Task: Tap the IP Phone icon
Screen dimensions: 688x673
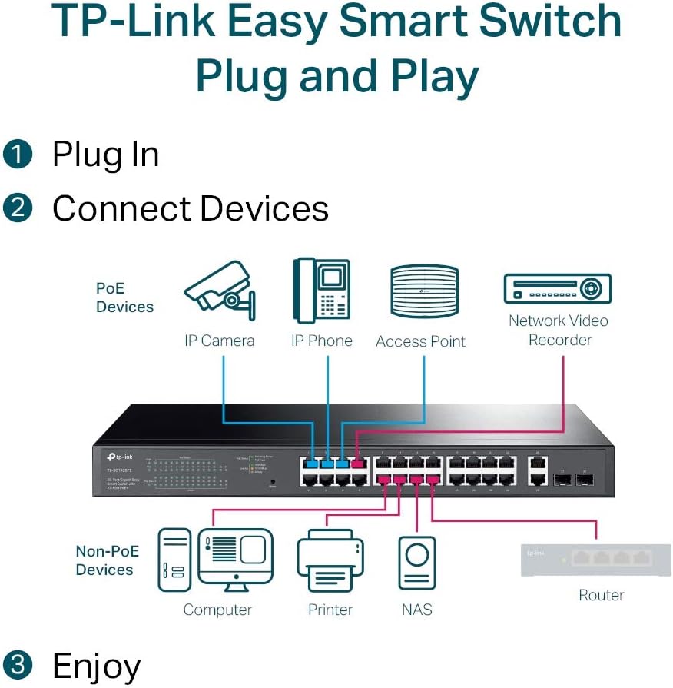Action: (x=321, y=291)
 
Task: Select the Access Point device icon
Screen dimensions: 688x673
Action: (x=423, y=291)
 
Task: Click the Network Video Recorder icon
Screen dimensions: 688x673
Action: (x=557, y=289)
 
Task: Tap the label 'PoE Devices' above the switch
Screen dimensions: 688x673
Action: (x=124, y=298)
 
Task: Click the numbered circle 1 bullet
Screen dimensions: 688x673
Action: (x=18, y=155)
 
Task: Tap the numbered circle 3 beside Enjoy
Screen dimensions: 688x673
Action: (x=18, y=666)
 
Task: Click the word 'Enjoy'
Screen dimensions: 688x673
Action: (x=96, y=666)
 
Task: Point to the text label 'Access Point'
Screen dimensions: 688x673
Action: (x=420, y=342)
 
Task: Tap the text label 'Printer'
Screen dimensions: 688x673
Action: (x=330, y=610)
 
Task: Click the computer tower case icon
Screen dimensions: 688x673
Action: (x=174, y=560)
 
